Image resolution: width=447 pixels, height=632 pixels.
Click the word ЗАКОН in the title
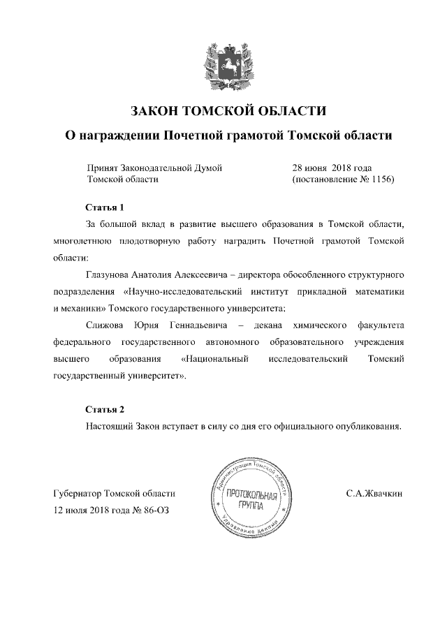point(155,111)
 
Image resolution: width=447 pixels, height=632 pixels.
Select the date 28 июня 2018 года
point(332,168)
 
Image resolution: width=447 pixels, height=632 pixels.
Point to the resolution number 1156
point(381,179)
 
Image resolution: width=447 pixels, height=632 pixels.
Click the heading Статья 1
point(104,207)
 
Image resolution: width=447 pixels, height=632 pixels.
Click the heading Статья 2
point(104,409)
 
